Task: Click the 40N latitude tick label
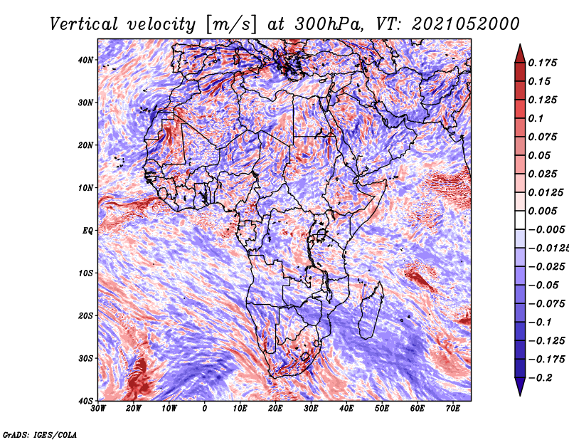pyautogui.click(x=85, y=60)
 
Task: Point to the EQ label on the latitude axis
pyautogui.click(x=87, y=231)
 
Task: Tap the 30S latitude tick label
pyautogui.click(x=85, y=358)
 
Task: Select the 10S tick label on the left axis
pyautogui.click(x=85, y=273)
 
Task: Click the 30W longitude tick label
pyautogui.click(x=98, y=409)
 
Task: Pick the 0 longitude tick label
pyautogui.click(x=205, y=409)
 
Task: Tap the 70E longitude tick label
pyautogui.click(x=453, y=409)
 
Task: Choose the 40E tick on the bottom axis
pyautogui.click(x=346, y=409)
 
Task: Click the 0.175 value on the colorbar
pyautogui.click(x=543, y=63)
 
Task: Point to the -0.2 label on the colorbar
pyautogui.click(x=540, y=378)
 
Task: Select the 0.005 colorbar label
pyautogui.click(x=543, y=211)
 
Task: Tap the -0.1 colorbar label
pyautogui.click(x=540, y=323)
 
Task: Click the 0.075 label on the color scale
pyautogui.click(x=543, y=137)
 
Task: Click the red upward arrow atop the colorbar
pyautogui.click(x=520, y=53)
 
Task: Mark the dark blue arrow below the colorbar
pyautogui.click(x=520, y=387)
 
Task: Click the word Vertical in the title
pyautogui.click(x=84, y=24)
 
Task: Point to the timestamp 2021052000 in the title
pyautogui.click(x=466, y=24)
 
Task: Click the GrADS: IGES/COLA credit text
pyautogui.click(x=40, y=434)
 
